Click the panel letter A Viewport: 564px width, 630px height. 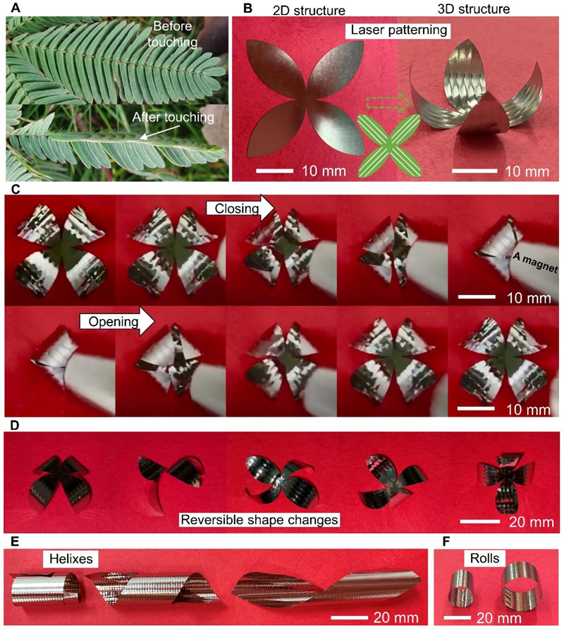tap(16, 7)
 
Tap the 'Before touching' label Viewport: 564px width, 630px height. tap(172, 34)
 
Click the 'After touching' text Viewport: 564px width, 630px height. tap(173, 117)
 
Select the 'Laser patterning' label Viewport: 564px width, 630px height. tap(398, 30)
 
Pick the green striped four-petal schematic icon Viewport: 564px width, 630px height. tap(390, 145)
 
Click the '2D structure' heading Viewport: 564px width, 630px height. tap(309, 10)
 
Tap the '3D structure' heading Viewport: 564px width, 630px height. tap(474, 9)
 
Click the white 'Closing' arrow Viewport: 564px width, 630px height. tap(240, 208)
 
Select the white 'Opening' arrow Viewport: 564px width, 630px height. tap(117, 322)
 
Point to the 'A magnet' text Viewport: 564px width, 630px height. tap(535, 264)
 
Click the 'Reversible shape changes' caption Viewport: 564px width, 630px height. tap(259, 519)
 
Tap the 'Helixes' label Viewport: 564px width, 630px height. tap(70, 559)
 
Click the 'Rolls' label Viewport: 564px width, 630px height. tap(485, 558)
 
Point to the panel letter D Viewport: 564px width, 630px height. tap(14, 425)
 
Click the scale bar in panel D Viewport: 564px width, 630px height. tap(479, 521)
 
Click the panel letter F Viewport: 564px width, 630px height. tap(446, 542)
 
